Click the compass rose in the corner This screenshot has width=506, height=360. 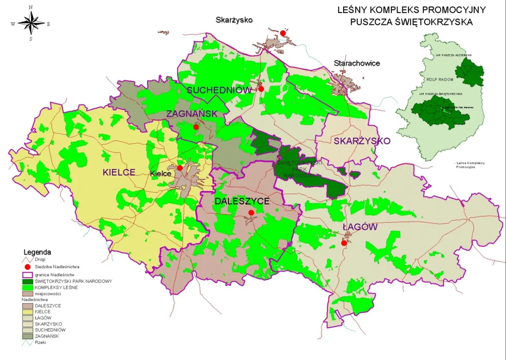click(x=31, y=23)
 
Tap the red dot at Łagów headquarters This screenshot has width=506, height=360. click(x=344, y=243)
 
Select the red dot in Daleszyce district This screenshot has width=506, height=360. click(x=251, y=213)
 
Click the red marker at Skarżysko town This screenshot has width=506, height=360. click(x=283, y=33)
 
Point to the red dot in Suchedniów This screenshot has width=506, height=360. click(x=261, y=89)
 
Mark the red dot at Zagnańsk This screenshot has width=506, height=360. click(x=196, y=127)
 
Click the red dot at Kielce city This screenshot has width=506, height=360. click(x=180, y=168)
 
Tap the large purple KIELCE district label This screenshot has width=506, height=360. click(x=119, y=172)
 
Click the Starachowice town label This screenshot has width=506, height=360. click(x=357, y=63)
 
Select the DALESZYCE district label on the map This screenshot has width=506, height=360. click(x=242, y=201)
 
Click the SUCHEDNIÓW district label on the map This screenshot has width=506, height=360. click(x=219, y=90)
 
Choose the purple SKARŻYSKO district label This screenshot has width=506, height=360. click(x=362, y=141)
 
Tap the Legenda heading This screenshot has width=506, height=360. click(x=37, y=252)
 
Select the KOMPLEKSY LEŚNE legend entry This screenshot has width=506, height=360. click(x=56, y=287)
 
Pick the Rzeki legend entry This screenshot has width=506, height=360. click(x=41, y=342)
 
